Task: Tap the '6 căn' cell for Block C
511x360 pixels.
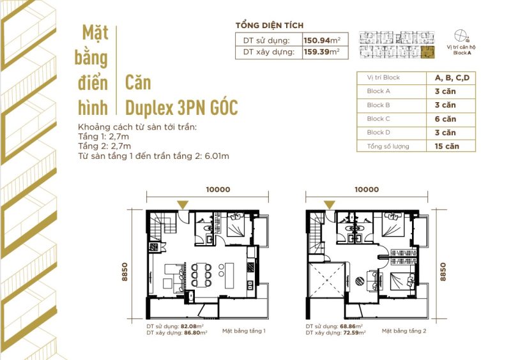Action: pos(445,119)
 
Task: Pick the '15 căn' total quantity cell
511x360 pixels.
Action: pos(445,146)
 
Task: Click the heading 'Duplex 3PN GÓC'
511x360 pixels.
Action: pos(181,107)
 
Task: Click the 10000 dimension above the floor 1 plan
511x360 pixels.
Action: pos(218,190)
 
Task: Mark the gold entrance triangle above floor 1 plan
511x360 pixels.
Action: pos(183,204)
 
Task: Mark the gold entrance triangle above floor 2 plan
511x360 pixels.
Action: pos(329,204)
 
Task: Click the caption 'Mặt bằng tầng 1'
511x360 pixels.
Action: pos(243,331)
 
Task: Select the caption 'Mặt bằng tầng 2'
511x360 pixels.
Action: pos(404,331)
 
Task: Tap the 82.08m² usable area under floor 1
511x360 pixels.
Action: pos(191,326)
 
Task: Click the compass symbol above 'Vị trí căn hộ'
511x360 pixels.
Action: pos(461,36)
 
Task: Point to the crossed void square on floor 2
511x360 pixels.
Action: pos(326,279)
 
